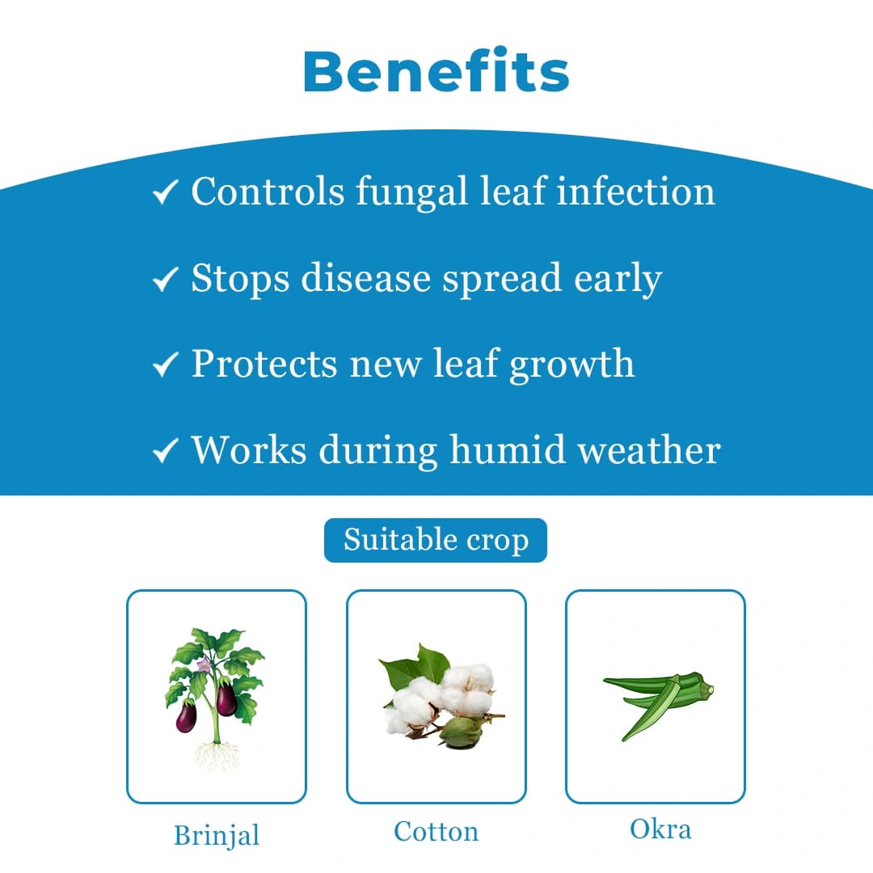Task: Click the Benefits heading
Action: click(x=436, y=71)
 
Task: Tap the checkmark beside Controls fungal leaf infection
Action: click(x=165, y=194)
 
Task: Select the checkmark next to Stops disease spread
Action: click(x=165, y=280)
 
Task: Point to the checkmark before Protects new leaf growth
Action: click(x=165, y=365)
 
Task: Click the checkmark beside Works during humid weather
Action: click(x=165, y=451)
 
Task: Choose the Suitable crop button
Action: click(x=436, y=540)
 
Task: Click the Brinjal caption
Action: click(x=217, y=834)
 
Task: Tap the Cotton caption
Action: click(x=436, y=831)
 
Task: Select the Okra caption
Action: click(x=660, y=829)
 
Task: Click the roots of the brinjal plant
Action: click(x=217, y=756)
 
